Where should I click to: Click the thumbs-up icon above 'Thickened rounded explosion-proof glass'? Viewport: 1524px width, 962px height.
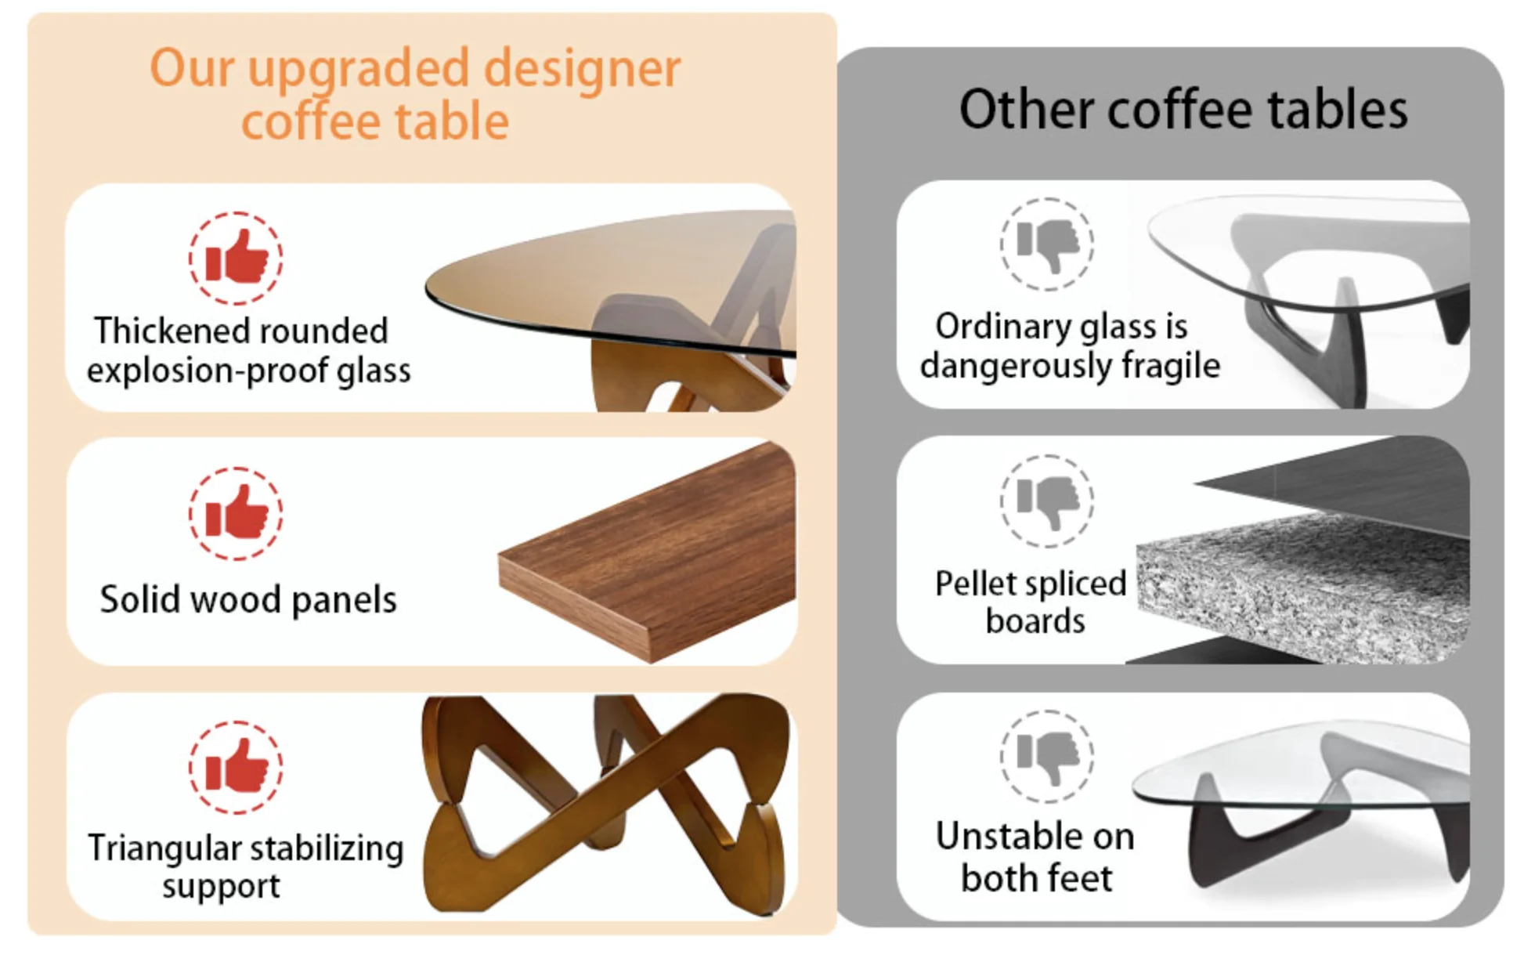pos(236,258)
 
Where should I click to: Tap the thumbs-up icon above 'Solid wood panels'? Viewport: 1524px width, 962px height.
pos(236,513)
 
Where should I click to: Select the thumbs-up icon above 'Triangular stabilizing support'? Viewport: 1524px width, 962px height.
pos(236,767)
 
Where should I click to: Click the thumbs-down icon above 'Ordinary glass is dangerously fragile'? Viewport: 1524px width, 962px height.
pos(1047,244)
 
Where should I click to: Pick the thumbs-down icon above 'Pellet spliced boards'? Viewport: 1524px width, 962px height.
pos(1047,501)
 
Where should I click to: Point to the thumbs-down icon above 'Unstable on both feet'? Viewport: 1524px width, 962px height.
pos(1047,756)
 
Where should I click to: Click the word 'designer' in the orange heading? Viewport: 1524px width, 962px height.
pos(582,70)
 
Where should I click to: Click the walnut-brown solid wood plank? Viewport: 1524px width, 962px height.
pos(647,552)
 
